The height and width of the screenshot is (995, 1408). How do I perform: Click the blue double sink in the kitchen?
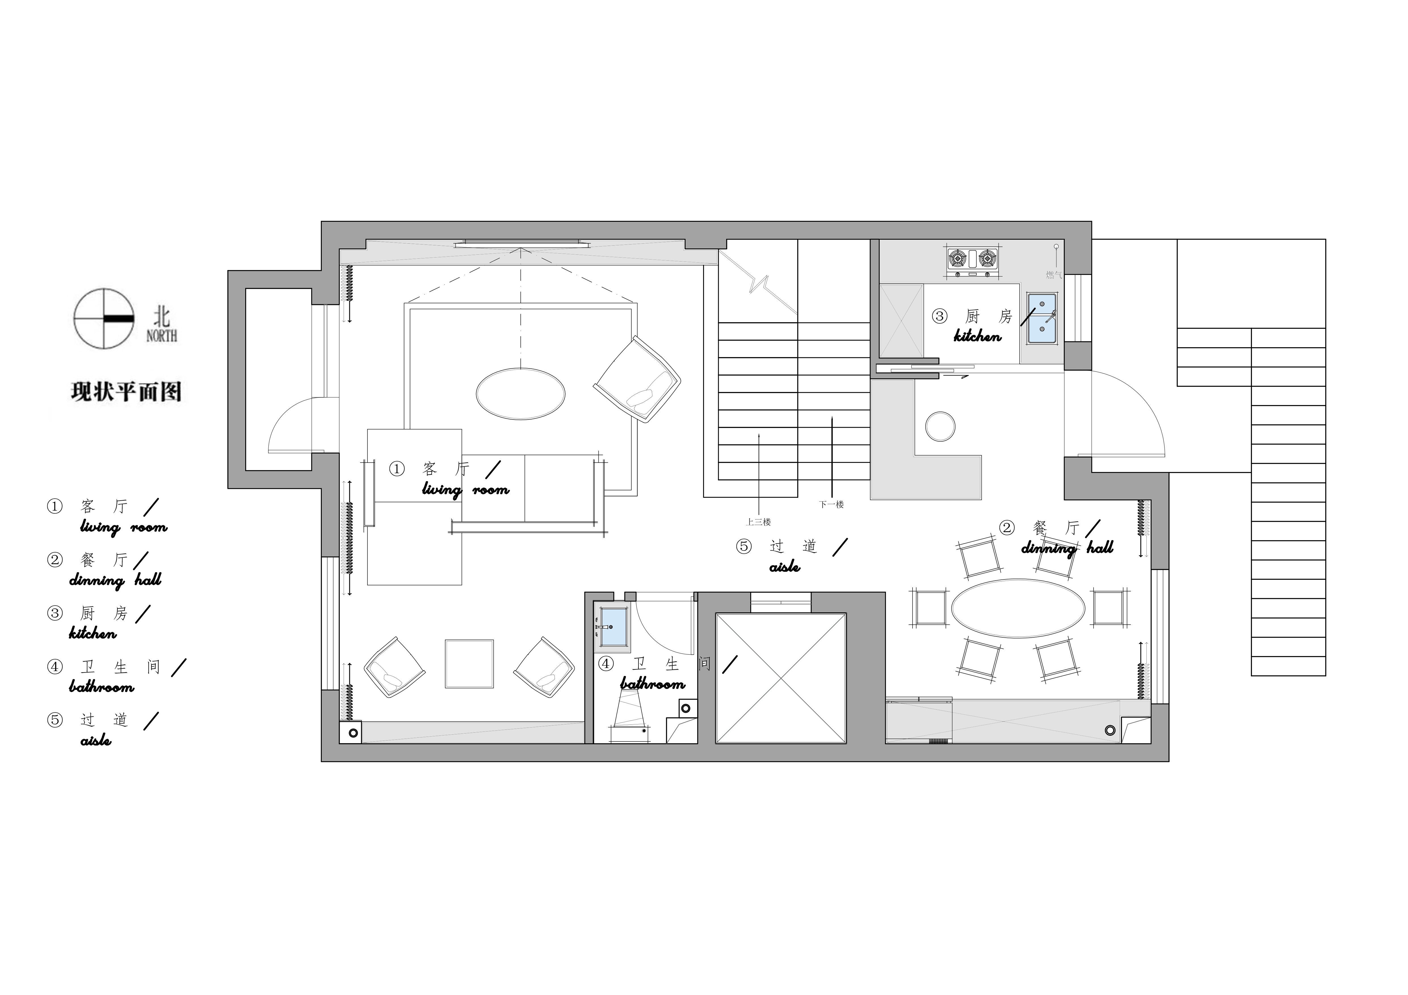pyautogui.click(x=1042, y=318)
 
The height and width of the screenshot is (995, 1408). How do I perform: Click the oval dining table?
pyautogui.click(x=1018, y=608)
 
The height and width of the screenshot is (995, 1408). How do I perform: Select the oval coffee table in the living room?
pyautogui.click(x=521, y=394)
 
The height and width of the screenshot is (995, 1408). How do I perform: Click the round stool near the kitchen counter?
pyautogui.click(x=940, y=426)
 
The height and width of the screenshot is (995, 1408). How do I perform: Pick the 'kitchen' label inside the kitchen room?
pyautogui.click(x=978, y=336)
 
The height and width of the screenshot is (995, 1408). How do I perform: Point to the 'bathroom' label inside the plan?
pyautogui.click(x=652, y=684)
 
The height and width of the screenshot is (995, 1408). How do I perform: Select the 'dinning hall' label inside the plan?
pyautogui.click(x=1067, y=547)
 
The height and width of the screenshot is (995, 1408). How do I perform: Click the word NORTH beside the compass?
pyautogui.click(x=162, y=336)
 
